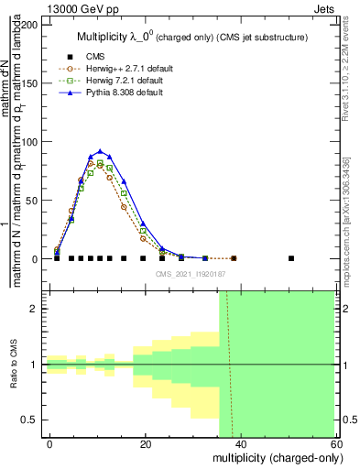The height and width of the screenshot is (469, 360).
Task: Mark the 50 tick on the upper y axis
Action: coord(36,201)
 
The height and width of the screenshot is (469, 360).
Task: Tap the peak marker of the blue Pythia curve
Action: coord(100,151)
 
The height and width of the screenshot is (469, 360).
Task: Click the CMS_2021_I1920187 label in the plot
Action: coord(191,272)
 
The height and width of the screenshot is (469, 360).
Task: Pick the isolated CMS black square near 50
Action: coord(291,258)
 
